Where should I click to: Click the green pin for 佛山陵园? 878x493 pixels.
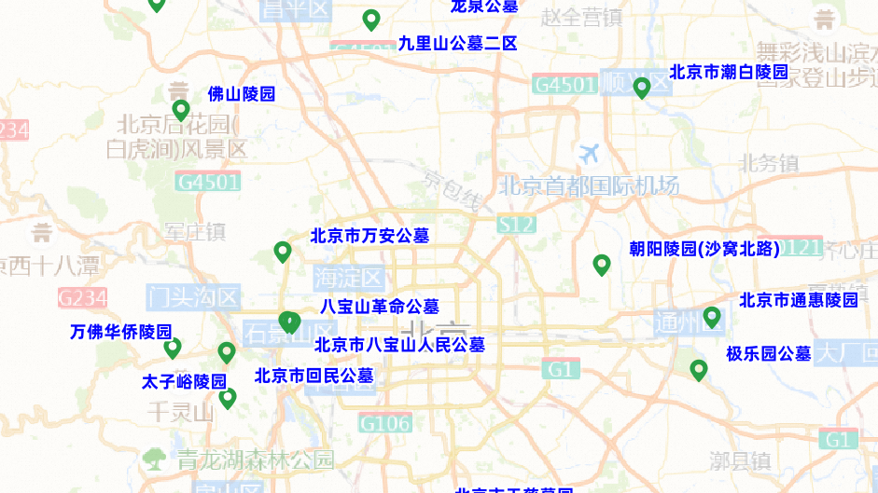click(181, 110)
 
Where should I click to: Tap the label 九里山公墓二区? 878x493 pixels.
click(457, 43)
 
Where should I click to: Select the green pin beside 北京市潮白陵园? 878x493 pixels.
click(642, 88)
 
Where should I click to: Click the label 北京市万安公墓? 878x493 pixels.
click(369, 236)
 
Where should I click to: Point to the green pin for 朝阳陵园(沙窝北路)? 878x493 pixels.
click(602, 265)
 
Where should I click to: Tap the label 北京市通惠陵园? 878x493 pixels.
click(799, 300)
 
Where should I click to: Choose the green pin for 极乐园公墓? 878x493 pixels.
click(698, 370)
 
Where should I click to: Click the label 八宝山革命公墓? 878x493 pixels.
click(379, 306)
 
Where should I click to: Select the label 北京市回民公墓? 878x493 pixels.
click(314, 376)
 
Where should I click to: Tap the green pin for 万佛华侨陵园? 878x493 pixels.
click(173, 349)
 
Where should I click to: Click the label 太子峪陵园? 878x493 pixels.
click(184, 381)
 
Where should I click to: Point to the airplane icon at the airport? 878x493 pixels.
click(590, 152)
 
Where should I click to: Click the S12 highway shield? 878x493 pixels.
click(516, 224)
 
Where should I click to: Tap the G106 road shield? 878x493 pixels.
click(385, 424)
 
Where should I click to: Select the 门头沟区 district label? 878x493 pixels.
click(194, 297)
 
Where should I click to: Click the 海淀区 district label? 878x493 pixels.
click(348, 277)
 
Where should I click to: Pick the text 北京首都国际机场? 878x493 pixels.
click(589, 185)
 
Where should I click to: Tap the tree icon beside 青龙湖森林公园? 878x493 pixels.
click(154, 459)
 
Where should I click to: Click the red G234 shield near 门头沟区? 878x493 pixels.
click(82, 298)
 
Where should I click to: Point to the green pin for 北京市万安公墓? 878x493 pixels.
click(283, 252)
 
